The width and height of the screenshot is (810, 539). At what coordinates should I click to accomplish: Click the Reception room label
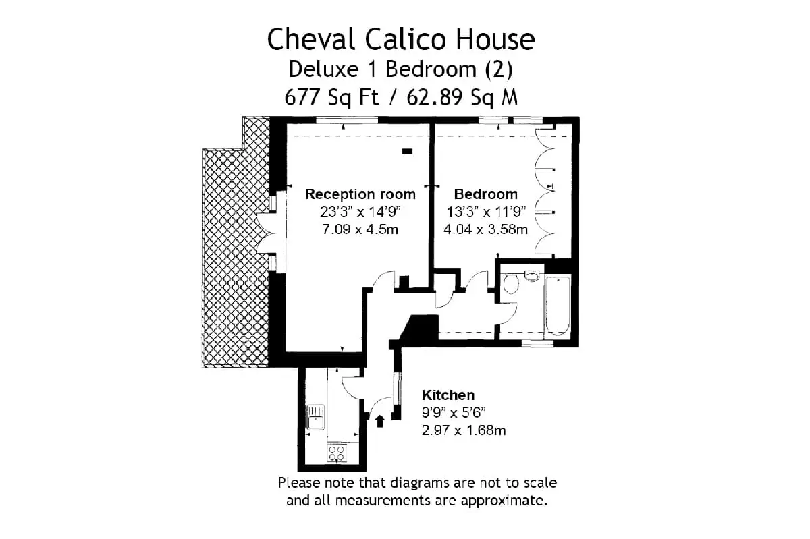click(x=360, y=194)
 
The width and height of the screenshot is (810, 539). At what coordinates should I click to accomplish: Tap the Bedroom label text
click(x=485, y=194)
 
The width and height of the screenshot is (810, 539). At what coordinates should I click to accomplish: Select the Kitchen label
click(x=448, y=395)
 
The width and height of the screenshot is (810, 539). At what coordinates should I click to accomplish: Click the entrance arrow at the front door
click(x=379, y=421)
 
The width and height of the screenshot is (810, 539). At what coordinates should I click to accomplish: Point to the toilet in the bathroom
click(x=510, y=284)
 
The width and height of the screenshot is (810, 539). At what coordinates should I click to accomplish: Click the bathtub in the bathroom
click(x=558, y=306)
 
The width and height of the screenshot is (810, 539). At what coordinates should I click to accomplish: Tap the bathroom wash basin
click(x=532, y=276)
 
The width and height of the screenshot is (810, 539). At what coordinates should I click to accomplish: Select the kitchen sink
click(x=315, y=417)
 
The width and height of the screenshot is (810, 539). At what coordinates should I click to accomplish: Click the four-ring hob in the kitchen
click(x=337, y=453)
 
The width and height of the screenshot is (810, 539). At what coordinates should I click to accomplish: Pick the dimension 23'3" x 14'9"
click(x=360, y=212)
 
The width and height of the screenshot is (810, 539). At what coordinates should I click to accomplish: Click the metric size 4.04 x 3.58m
click(x=485, y=229)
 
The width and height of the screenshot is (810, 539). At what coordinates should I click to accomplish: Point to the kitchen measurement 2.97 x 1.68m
click(x=464, y=430)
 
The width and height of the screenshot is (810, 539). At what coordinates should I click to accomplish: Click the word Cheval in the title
click(x=312, y=39)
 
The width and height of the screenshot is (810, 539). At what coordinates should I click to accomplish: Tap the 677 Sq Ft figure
click(x=331, y=97)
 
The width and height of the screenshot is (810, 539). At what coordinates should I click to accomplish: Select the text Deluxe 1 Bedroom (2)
click(x=401, y=69)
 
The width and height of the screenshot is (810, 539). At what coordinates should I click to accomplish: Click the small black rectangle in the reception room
click(x=407, y=152)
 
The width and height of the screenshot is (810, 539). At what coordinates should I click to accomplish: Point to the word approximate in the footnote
click(x=504, y=501)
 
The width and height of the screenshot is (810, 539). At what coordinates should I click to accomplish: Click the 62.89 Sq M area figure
click(x=462, y=97)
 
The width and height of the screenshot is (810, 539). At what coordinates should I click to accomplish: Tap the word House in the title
click(x=495, y=39)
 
